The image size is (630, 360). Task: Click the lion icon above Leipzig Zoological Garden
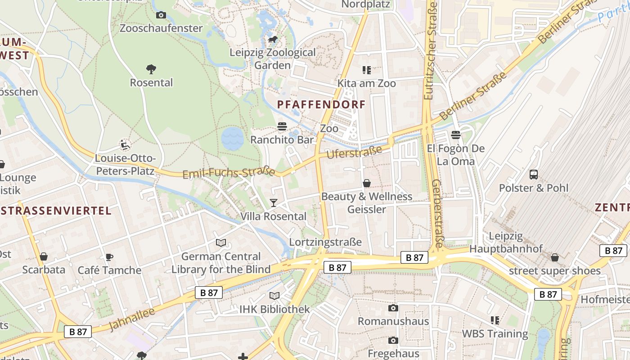272,40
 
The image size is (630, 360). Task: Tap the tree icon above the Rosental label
151,69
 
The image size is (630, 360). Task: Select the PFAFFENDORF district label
321,104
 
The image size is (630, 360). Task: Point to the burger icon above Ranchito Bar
282,126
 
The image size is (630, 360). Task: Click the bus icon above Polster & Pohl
534,175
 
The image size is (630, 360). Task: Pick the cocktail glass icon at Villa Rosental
273,203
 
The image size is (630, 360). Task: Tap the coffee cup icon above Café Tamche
109,257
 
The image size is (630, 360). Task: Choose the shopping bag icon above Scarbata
44,256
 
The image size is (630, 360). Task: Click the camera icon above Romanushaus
393,308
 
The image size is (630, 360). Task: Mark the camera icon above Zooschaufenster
161,15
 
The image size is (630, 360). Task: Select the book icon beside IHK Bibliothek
274,296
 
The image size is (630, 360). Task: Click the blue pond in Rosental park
232,138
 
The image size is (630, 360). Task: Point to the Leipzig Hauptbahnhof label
506,242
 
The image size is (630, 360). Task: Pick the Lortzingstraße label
325,242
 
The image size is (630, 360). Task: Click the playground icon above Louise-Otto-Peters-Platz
125,145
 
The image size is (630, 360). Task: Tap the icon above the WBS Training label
495,320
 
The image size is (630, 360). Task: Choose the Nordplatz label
365,4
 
